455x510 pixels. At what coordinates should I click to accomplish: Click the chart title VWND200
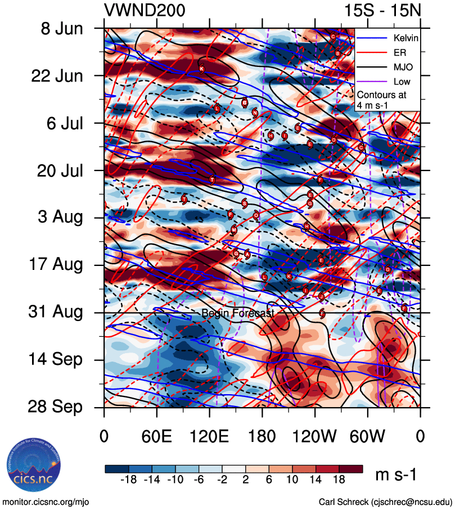click(x=145, y=10)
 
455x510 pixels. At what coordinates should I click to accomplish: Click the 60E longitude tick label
click(x=157, y=436)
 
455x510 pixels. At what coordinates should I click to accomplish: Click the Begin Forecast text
click(x=237, y=313)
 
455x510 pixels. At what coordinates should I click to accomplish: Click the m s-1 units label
click(x=397, y=475)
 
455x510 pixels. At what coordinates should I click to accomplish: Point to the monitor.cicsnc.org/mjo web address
click(x=46, y=502)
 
